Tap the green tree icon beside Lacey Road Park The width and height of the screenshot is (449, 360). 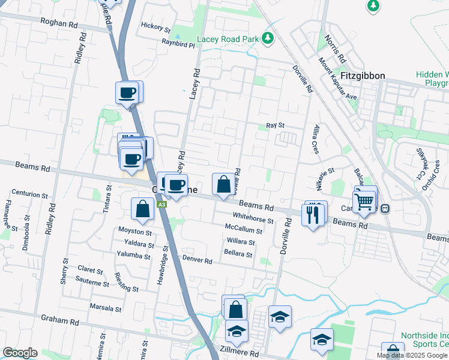pyautogui.click(x=268, y=39)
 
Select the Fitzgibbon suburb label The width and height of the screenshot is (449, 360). pyautogui.click(x=363, y=76)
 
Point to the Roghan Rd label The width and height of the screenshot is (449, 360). pyautogui.click(x=59, y=23)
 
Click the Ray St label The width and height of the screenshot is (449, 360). pyautogui.click(x=275, y=125)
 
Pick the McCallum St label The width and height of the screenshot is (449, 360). pyautogui.click(x=243, y=230)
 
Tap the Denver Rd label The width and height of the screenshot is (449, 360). pyautogui.click(x=197, y=260)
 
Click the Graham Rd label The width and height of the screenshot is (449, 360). pyautogui.click(x=59, y=322)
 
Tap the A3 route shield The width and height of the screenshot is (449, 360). pyautogui.click(x=162, y=205)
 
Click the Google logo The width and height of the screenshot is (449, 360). pyautogui.click(x=20, y=353)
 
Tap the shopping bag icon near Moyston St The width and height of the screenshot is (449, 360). pyautogui.click(x=143, y=209)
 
